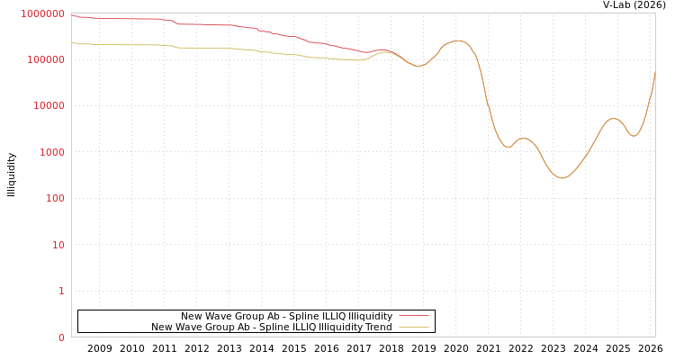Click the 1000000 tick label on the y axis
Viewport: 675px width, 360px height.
coord(43,13)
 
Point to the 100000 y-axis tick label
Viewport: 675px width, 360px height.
coord(45,59)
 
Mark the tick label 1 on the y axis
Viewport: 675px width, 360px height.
coord(61,291)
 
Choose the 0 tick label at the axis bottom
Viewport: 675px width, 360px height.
coord(61,337)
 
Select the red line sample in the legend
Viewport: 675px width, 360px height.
coord(413,316)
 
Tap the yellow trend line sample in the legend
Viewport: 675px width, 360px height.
coord(413,327)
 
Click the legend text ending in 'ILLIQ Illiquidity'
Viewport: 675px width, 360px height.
coord(286,316)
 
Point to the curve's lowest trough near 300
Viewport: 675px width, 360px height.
coord(562,178)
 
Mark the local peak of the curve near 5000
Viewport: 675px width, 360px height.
coord(613,118)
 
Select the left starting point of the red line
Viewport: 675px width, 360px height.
coord(73,16)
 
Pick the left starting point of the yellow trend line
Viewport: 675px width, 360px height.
coord(73,43)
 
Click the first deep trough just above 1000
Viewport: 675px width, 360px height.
coord(508,147)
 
